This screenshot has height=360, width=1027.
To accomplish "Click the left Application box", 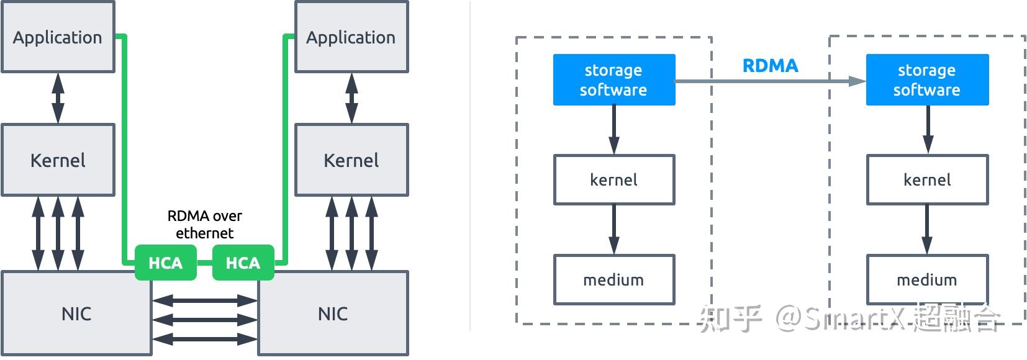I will pyautogui.click(x=58, y=37).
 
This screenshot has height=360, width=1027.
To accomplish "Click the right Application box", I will pyautogui.click(x=351, y=37).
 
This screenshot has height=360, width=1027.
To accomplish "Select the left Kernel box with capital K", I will pyautogui.click(x=58, y=160).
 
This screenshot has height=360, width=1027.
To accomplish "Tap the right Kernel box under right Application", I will pyautogui.click(x=351, y=160).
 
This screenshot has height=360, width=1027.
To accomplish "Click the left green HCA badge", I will pyautogui.click(x=165, y=263).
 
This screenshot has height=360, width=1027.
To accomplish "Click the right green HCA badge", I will pyautogui.click(x=243, y=263).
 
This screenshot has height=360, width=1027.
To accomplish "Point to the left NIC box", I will pyautogui.click(x=76, y=313).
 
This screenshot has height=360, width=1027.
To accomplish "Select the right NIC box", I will pyautogui.click(x=333, y=313).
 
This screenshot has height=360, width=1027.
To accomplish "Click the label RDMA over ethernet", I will pyautogui.click(x=204, y=224).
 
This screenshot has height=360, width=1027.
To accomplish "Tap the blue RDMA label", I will pyautogui.click(x=770, y=66).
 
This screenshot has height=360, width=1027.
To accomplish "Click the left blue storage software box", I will pyautogui.click(x=613, y=79).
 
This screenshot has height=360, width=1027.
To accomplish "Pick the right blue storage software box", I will pyautogui.click(x=926, y=79).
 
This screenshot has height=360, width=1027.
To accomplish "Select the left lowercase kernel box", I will pyautogui.click(x=613, y=180).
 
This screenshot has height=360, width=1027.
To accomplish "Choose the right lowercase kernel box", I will pyautogui.click(x=926, y=180).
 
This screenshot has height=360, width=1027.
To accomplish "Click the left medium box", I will pyautogui.click(x=613, y=280).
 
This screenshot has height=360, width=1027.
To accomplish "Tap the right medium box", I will pyautogui.click(x=926, y=280).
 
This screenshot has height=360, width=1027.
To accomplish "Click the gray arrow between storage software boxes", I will pyautogui.click(x=770, y=81).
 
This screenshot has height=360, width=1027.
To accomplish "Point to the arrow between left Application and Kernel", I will pyautogui.click(x=58, y=98).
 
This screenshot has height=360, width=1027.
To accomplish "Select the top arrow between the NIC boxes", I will pyautogui.click(x=204, y=301).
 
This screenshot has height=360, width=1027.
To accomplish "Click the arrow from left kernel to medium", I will pyautogui.click(x=613, y=229).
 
